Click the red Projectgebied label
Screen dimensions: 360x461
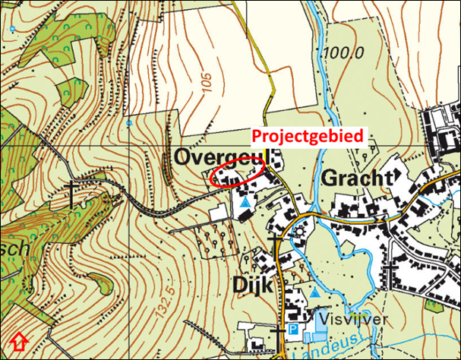pos(306,136)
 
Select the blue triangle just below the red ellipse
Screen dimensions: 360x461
pos(244,204)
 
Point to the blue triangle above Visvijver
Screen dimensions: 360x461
pos(315,292)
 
